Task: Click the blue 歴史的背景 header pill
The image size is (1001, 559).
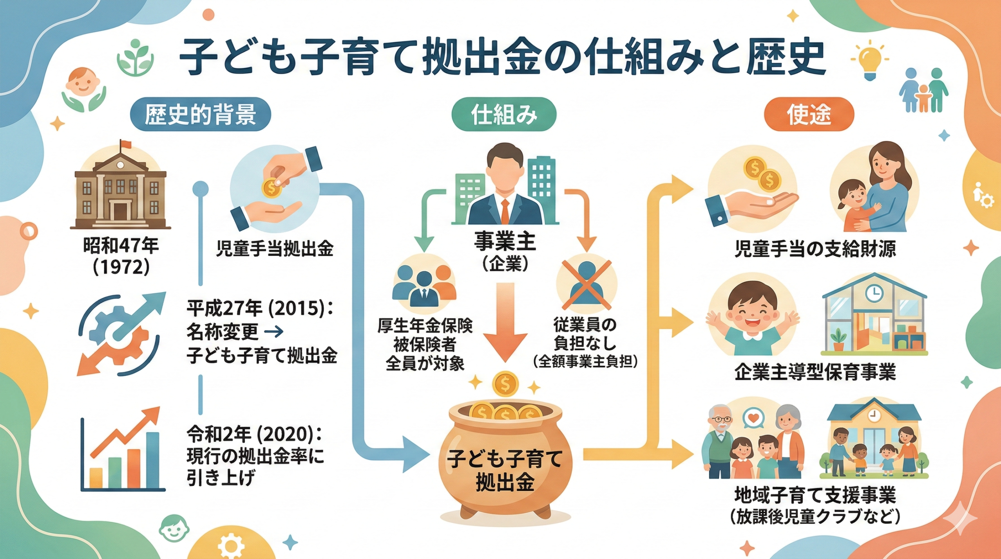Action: (x=200, y=114)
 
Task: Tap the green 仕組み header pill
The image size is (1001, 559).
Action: (x=504, y=114)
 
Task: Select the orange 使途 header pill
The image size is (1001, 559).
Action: (x=809, y=114)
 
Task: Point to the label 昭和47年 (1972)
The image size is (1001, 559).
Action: (x=121, y=256)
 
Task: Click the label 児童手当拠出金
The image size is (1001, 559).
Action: (x=274, y=249)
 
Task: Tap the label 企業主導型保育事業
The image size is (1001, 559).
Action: (x=815, y=372)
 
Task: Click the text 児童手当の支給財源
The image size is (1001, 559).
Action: (x=815, y=249)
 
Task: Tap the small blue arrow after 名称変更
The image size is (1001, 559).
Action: (x=274, y=332)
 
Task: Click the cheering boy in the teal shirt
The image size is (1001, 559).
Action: (x=747, y=317)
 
